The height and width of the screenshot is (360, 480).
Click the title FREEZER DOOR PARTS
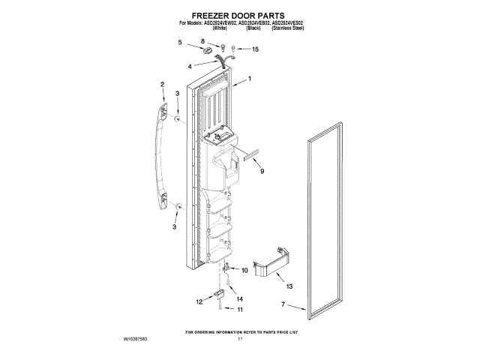click(239, 14)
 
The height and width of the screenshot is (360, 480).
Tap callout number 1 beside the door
click(250, 79)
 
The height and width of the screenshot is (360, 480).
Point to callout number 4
click(190, 66)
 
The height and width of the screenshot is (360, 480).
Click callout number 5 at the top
click(179, 43)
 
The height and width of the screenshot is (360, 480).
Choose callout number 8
click(202, 41)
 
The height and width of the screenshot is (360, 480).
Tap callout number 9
click(262, 172)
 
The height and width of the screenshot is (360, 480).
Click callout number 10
click(244, 270)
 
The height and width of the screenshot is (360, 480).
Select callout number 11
click(240, 309)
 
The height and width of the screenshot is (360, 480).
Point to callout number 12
click(199, 301)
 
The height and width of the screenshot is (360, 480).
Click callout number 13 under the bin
click(289, 286)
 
